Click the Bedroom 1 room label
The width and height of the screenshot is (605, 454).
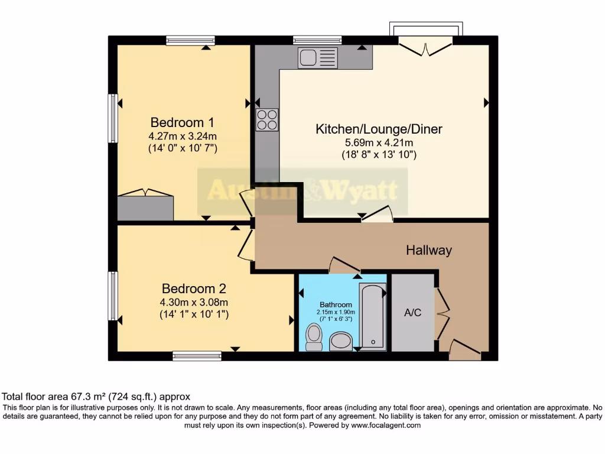(182, 122)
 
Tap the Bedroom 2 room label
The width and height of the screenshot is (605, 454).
(194, 289)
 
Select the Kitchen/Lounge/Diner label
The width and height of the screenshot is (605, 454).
(379, 129)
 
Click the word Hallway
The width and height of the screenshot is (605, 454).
(428, 250)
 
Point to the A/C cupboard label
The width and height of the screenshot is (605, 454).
(412, 313)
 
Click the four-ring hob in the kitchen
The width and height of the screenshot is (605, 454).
(266, 120)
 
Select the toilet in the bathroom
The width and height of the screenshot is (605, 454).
(313, 338)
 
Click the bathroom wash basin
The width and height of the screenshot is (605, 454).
(340, 341)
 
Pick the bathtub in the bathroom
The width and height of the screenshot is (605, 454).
(372, 316)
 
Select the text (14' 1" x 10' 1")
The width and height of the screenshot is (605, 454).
(194, 314)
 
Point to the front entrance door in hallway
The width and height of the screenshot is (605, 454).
(464, 350)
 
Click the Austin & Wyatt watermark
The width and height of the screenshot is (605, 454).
(302, 191)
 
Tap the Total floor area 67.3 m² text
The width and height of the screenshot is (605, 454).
(96, 397)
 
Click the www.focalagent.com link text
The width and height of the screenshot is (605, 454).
(385, 425)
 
